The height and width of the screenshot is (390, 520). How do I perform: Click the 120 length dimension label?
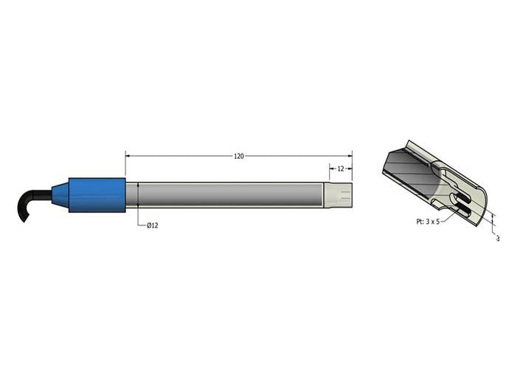[239, 156]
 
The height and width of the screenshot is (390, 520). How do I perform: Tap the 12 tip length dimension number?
[341, 168]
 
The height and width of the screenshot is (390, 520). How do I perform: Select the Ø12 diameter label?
[153, 225]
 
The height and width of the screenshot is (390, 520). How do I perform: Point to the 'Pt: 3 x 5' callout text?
[428, 222]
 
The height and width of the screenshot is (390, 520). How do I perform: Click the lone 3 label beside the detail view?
[498, 238]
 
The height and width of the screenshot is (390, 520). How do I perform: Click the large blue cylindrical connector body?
[97, 195]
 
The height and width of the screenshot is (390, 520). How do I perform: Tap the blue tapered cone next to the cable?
[60, 194]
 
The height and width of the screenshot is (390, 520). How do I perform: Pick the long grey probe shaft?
[224, 195]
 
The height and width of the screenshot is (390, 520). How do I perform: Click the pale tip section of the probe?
[338, 195]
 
